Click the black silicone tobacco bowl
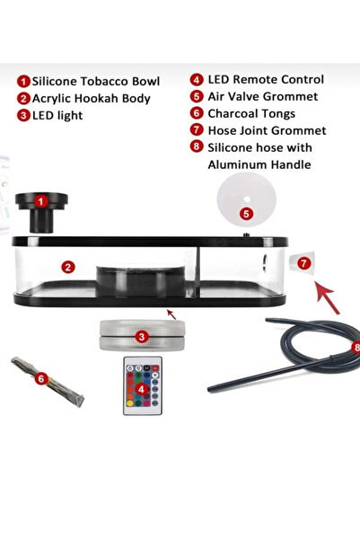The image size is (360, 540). [x=41, y=212]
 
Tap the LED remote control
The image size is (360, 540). [x=143, y=385]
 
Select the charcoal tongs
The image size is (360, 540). [x=48, y=382]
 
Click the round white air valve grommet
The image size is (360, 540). [x=246, y=199]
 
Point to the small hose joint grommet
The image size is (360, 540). [x=303, y=262]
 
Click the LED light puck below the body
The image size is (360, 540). [x=142, y=335]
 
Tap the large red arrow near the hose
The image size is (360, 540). [x=328, y=298]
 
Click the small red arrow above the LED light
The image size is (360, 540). [x=171, y=314]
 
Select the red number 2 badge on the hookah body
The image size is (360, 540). [x=68, y=267]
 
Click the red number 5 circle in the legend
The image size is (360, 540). [x=197, y=96]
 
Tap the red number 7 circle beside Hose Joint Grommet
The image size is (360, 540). [x=197, y=130]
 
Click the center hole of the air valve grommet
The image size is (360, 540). [x=247, y=199]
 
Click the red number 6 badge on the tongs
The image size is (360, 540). [x=41, y=379]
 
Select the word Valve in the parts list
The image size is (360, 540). [x=245, y=96]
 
